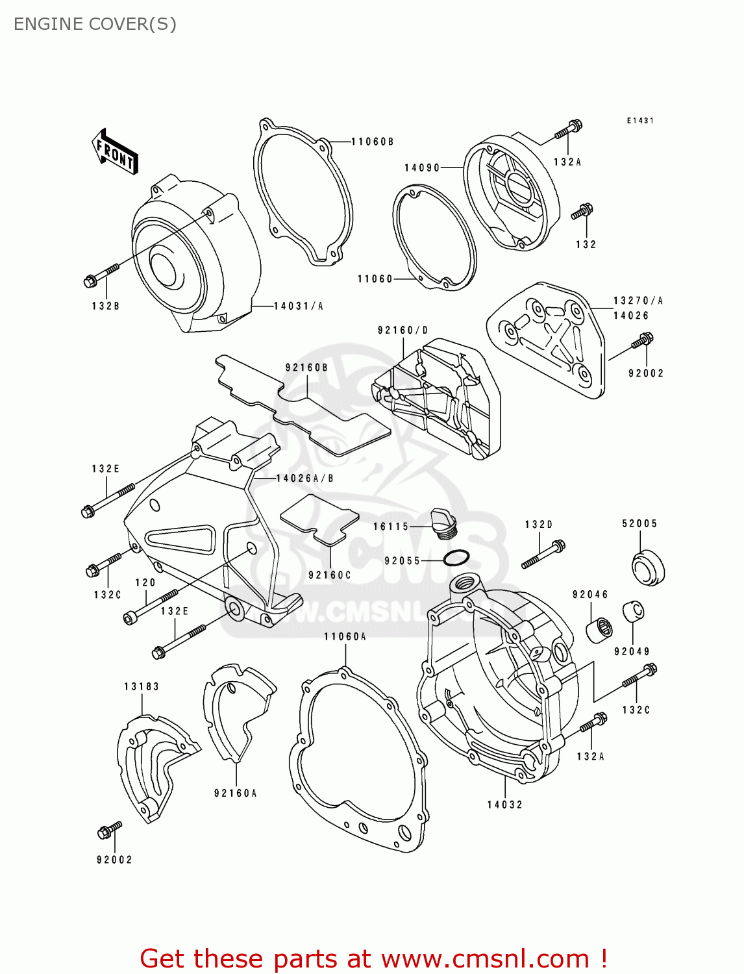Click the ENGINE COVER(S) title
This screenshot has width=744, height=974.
(95, 24)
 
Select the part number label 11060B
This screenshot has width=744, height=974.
(372, 142)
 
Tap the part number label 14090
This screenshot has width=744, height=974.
(422, 168)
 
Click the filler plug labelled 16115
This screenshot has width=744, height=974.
(445, 522)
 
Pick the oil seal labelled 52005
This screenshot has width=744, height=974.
(647, 567)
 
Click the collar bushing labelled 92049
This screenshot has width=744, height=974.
(633, 612)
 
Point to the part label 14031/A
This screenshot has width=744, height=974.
(298, 306)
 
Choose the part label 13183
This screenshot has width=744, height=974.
(142, 686)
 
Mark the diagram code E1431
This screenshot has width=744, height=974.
(640, 121)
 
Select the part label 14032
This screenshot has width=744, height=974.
(505, 805)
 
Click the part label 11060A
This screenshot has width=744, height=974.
(345, 636)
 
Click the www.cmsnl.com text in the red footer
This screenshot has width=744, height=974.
(485, 958)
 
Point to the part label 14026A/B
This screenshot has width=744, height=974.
(305, 479)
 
